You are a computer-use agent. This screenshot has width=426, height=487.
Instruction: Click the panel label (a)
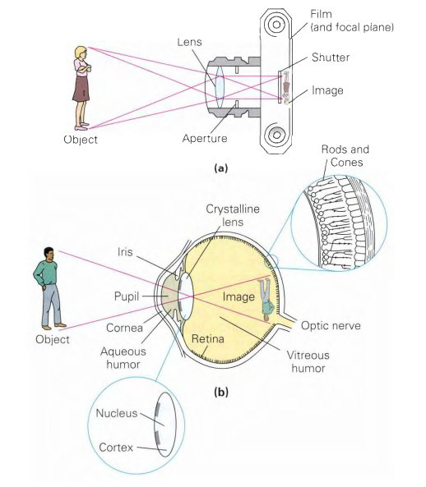220,166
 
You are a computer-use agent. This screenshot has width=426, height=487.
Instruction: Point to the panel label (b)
220,392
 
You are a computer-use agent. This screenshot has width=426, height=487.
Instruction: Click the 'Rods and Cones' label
347,155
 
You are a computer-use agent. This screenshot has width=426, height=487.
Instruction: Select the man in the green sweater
49,288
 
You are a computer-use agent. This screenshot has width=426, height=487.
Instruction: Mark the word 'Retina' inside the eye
207,337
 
